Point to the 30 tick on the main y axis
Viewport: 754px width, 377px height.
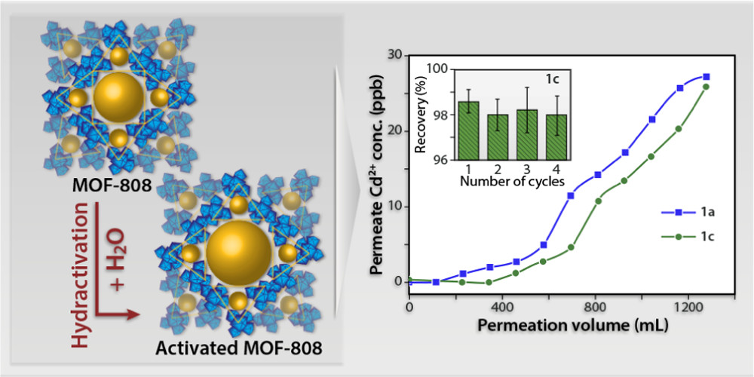click(x=392, y=55)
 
